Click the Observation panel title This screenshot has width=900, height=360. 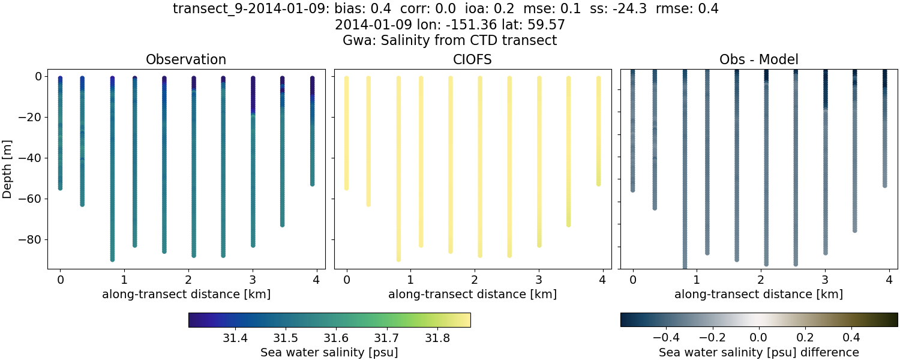point(186,60)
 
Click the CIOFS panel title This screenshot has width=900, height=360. point(472,60)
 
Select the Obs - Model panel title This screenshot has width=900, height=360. point(758,60)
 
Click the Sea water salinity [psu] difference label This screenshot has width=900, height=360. point(758,352)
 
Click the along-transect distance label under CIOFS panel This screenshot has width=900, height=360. point(472,295)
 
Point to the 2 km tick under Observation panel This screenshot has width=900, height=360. point(188,280)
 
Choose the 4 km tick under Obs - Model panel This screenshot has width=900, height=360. point(889,280)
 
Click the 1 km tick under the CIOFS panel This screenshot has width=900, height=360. point(410,280)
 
